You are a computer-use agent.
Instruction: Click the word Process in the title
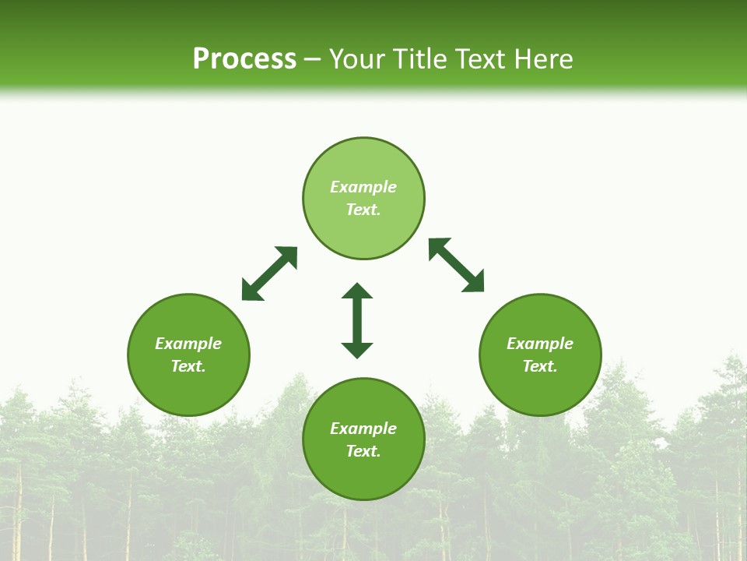[x=244, y=59]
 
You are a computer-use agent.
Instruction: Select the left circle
[x=188, y=390]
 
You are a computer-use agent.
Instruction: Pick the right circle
[x=540, y=390]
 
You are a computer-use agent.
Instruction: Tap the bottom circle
[x=363, y=475]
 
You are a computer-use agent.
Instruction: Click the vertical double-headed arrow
[x=357, y=320]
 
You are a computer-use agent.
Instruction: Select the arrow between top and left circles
[x=269, y=273]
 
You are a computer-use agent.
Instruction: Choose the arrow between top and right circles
[x=457, y=265]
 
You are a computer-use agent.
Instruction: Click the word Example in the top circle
[x=363, y=187]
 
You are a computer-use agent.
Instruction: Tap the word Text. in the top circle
[x=363, y=210]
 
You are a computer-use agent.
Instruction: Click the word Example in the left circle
[x=188, y=344]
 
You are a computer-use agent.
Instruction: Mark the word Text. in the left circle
[x=188, y=366]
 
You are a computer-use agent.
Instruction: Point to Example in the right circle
[x=540, y=344]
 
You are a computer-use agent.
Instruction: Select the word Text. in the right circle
[x=540, y=366]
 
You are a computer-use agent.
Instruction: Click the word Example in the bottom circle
[x=363, y=429]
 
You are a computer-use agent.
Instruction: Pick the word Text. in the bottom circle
[x=363, y=451]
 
